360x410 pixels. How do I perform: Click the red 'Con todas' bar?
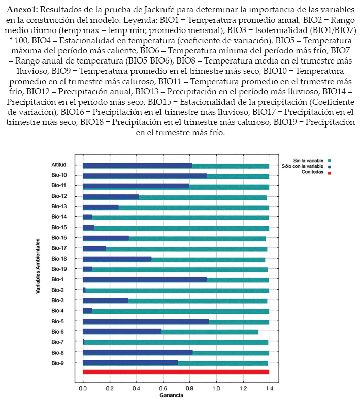click(176, 372)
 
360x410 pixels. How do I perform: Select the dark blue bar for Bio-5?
click(146, 322)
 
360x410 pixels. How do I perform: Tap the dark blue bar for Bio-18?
click(117, 259)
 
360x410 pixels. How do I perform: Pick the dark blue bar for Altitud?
click(138, 166)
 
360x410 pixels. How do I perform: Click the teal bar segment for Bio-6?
click(210, 332)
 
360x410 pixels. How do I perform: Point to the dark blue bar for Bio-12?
click(111, 197)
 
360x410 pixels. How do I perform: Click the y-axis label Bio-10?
click(59, 175)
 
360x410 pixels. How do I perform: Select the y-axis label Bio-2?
click(57, 290)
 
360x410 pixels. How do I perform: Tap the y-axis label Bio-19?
click(59, 269)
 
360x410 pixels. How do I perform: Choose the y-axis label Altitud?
click(59, 165)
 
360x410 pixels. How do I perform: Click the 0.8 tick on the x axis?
click(189, 388)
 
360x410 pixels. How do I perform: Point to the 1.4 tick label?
click(270, 388)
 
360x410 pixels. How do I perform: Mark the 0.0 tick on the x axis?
click(83, 388)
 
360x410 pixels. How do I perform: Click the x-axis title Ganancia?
click(172, 395)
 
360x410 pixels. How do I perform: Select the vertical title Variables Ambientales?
click(38, 266)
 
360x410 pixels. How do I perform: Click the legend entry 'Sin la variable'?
click(308, 161)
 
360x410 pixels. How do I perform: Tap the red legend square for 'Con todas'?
click(330, 173)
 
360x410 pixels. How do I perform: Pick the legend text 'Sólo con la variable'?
click(303, 166)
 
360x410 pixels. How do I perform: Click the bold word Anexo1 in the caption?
click(22, 10)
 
